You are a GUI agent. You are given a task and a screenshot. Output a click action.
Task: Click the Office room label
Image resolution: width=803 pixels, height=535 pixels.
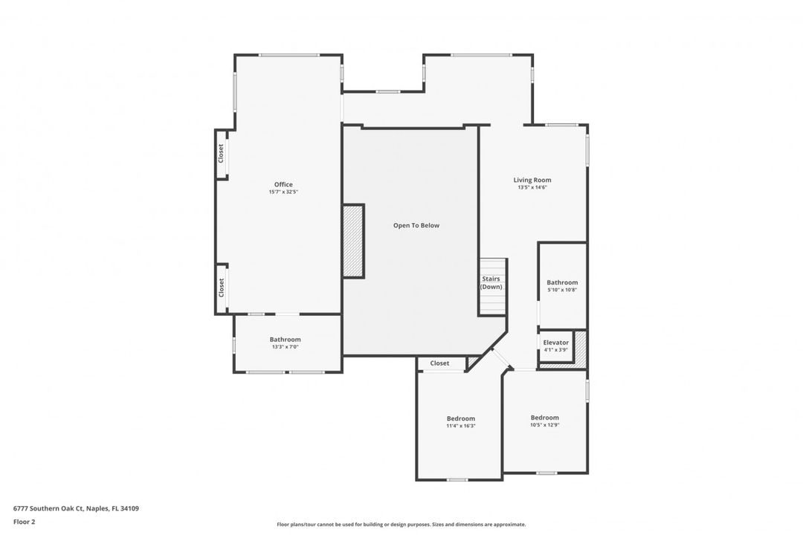(x=283, y=184)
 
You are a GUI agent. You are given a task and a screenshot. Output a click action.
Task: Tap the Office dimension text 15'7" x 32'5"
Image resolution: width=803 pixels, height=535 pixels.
(x=283, y=192)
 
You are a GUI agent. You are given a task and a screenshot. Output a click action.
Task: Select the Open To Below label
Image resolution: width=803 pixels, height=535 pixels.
(x=416, y=225)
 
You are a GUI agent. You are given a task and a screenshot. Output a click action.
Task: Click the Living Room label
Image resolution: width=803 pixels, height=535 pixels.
(x=532, y=180)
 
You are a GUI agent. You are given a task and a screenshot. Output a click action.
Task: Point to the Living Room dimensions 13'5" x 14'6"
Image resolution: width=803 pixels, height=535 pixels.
(x=532, y=188)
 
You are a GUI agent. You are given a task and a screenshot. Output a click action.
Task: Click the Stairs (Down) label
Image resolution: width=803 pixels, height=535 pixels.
(x=491, y=282)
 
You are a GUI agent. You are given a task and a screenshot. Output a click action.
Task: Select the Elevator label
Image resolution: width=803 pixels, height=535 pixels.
(x=556, y=343)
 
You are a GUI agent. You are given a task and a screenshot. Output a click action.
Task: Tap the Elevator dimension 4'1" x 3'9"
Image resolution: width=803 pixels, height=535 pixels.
(x=556, y=350)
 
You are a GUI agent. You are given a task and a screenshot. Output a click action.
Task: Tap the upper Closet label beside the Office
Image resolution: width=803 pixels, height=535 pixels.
(x=221, y=154)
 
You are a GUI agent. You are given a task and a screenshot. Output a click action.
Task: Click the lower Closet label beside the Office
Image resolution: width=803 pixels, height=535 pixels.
(x=221, y=288)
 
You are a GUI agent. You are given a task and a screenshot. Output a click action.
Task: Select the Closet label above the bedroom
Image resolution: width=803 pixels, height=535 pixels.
(x=439, y=363)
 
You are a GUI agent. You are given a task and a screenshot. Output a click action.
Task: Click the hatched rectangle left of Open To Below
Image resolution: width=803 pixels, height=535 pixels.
(x=352, y=241)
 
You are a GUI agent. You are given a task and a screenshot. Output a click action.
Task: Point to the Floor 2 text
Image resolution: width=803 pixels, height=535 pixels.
(x=24, y=522)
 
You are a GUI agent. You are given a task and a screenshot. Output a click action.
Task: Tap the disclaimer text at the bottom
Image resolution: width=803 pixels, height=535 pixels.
(x=401, y=525)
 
